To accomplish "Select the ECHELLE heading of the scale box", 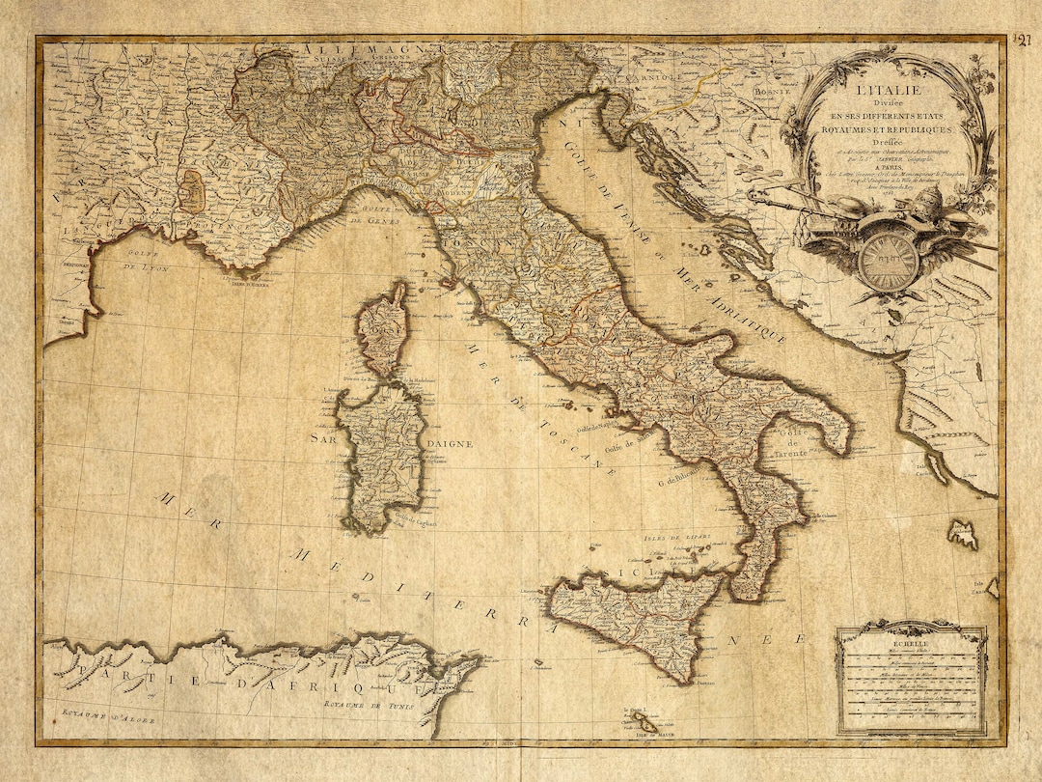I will pos(911,643).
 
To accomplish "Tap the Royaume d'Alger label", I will pos(107,719).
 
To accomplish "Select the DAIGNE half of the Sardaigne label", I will pos(449,444).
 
